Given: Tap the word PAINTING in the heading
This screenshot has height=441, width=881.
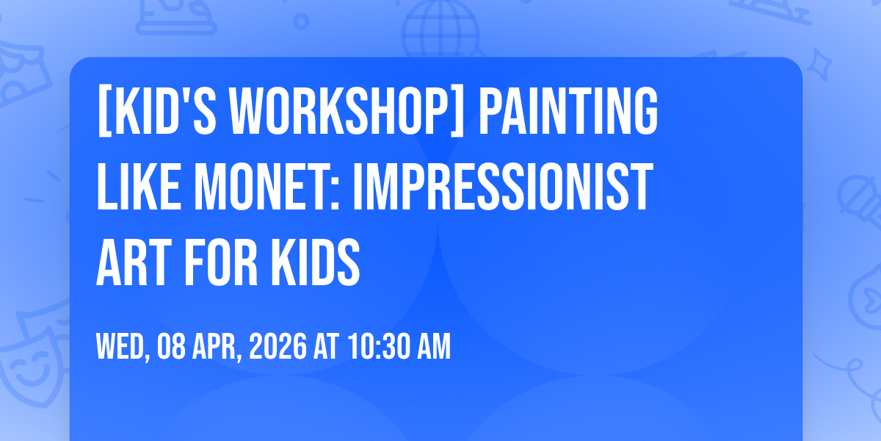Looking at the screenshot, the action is click(x=568, y=110).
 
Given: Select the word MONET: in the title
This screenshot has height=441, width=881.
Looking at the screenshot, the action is click(x=267, y=187).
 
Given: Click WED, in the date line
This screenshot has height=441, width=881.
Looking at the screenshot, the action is click(x=123, y=346).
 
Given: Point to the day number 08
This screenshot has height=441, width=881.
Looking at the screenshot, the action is click(x=171, y=346).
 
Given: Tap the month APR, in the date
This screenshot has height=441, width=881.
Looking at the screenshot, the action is click(x=217, y=346).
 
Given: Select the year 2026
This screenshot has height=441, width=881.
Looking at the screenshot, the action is click(x=278, y=346).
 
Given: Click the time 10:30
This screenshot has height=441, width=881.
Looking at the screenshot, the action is click(x=378, y=346).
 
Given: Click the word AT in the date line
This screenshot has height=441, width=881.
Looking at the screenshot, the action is click(x=326, y=346).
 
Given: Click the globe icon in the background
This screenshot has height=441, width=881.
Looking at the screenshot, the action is click(x=440, y=29).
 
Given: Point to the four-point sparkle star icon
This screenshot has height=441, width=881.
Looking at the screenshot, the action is click(x=819, y=65).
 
